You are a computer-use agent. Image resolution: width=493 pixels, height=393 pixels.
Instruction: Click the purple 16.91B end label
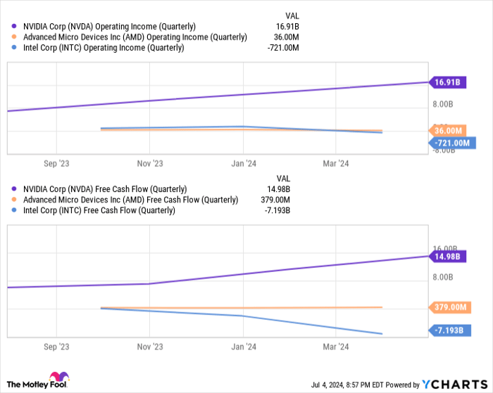447,82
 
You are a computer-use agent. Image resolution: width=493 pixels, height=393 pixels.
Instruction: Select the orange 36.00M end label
448,131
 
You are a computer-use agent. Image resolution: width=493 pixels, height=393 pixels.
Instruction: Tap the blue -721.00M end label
451,143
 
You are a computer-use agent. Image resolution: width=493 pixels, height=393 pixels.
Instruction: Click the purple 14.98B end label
447,257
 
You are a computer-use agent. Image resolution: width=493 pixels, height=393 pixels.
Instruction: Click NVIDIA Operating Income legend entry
109,26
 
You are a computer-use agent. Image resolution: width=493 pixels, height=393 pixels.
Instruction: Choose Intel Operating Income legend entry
103,47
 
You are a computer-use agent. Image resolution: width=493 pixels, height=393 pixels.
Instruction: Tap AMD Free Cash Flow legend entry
130,200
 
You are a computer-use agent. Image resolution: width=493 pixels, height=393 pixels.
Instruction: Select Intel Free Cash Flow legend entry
99,210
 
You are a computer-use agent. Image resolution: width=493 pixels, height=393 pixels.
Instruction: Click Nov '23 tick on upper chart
149,162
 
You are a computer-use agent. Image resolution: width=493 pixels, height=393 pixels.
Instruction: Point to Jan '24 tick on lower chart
243,347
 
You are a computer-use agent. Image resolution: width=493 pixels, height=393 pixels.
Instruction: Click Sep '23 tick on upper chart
56,162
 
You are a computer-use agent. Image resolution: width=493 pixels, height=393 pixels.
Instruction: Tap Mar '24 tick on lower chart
336,347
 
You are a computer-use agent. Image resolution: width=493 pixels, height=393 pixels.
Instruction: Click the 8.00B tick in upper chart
442,105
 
